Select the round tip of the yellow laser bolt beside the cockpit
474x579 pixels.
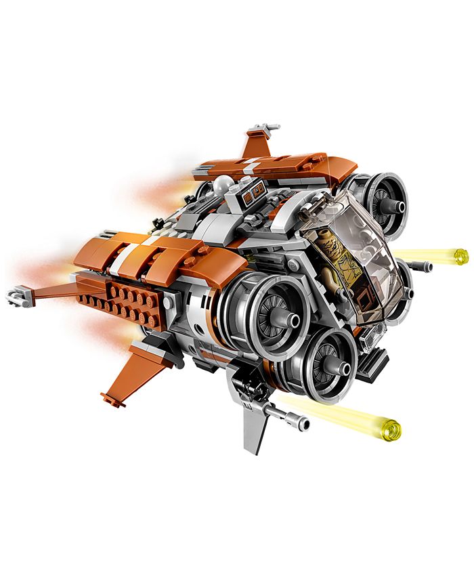(x=461, y=256)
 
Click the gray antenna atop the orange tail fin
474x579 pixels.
(x=263, y=127)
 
